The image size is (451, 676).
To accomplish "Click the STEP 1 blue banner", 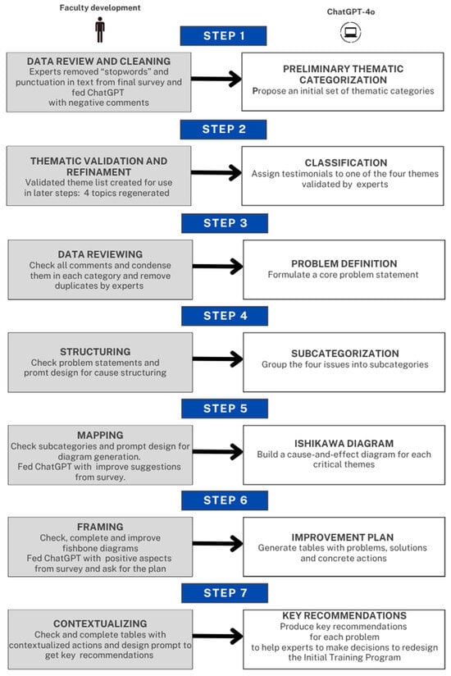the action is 223,36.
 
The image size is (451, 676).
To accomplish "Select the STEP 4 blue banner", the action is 225,316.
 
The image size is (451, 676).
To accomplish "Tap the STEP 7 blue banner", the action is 225,593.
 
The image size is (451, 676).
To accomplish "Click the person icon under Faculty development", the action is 100,30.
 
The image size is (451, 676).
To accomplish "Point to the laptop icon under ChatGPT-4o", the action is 350,32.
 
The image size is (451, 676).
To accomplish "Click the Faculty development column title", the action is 100,7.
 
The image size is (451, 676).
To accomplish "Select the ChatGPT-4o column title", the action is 351,11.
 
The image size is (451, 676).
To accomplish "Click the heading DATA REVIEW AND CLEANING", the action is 98,62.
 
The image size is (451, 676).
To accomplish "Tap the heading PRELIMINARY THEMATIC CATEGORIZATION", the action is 343,74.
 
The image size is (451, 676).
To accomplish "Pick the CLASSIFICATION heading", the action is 346,162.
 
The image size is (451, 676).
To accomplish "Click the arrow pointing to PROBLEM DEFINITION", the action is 217,266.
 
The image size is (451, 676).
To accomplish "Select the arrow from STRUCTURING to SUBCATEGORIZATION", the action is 217,359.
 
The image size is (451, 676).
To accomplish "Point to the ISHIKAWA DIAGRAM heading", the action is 344,443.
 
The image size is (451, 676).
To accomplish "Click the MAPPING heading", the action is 100,435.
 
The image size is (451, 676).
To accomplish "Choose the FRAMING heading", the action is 100,527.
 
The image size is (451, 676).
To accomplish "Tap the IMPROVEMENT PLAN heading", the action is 343,537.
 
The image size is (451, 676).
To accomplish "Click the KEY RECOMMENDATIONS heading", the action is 344,615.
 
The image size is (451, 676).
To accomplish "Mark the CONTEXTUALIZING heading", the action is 100,623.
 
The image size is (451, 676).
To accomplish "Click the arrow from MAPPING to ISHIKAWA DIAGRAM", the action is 217,452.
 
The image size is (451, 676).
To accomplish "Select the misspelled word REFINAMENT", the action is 98,171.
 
